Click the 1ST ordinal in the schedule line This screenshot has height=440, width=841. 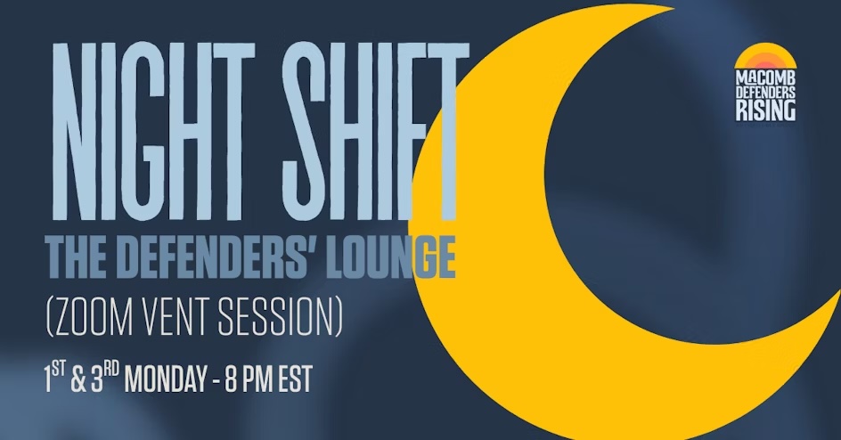coord(54,378)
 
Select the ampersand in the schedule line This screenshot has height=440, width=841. coord(78,379)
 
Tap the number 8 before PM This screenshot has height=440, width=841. coord(231,379)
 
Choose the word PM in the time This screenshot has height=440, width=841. coord(259,379)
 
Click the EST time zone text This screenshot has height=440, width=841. coord(296,379)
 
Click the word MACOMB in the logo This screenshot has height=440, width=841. coord(766,78)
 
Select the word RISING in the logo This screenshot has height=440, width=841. coord(766,111)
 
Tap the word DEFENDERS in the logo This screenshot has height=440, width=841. coord(766,93)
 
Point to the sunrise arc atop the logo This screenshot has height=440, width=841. coord(766,57)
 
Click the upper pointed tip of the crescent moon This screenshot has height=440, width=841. coord(674,8)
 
